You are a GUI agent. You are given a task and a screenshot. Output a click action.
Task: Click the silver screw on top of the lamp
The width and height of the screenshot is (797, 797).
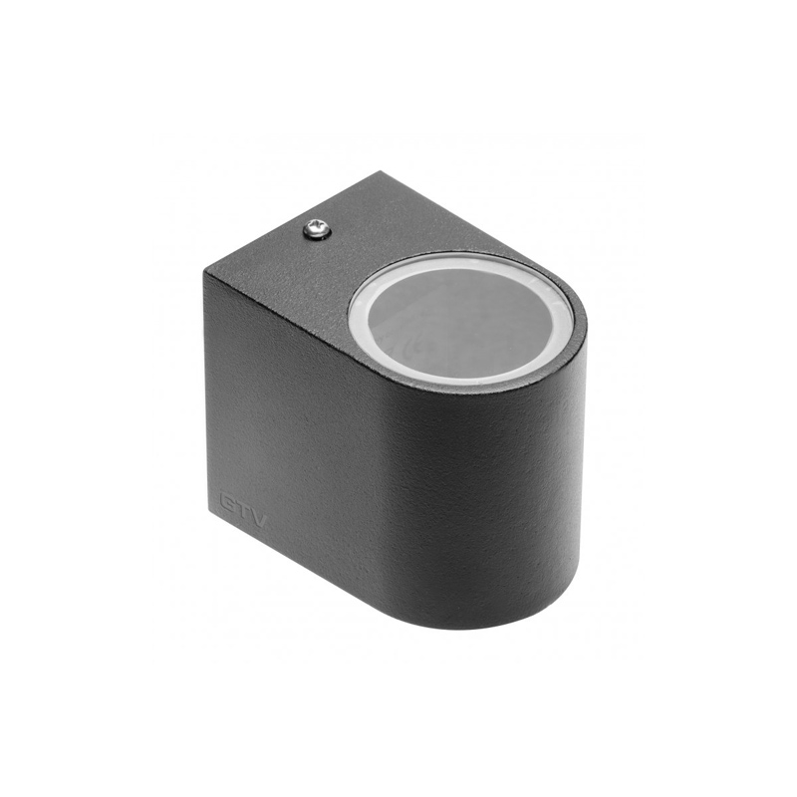pyautogui.click(x=317, y=230)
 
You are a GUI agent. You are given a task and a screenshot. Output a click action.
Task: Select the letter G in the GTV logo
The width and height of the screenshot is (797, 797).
pyautogui.click(x=227, y=500)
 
